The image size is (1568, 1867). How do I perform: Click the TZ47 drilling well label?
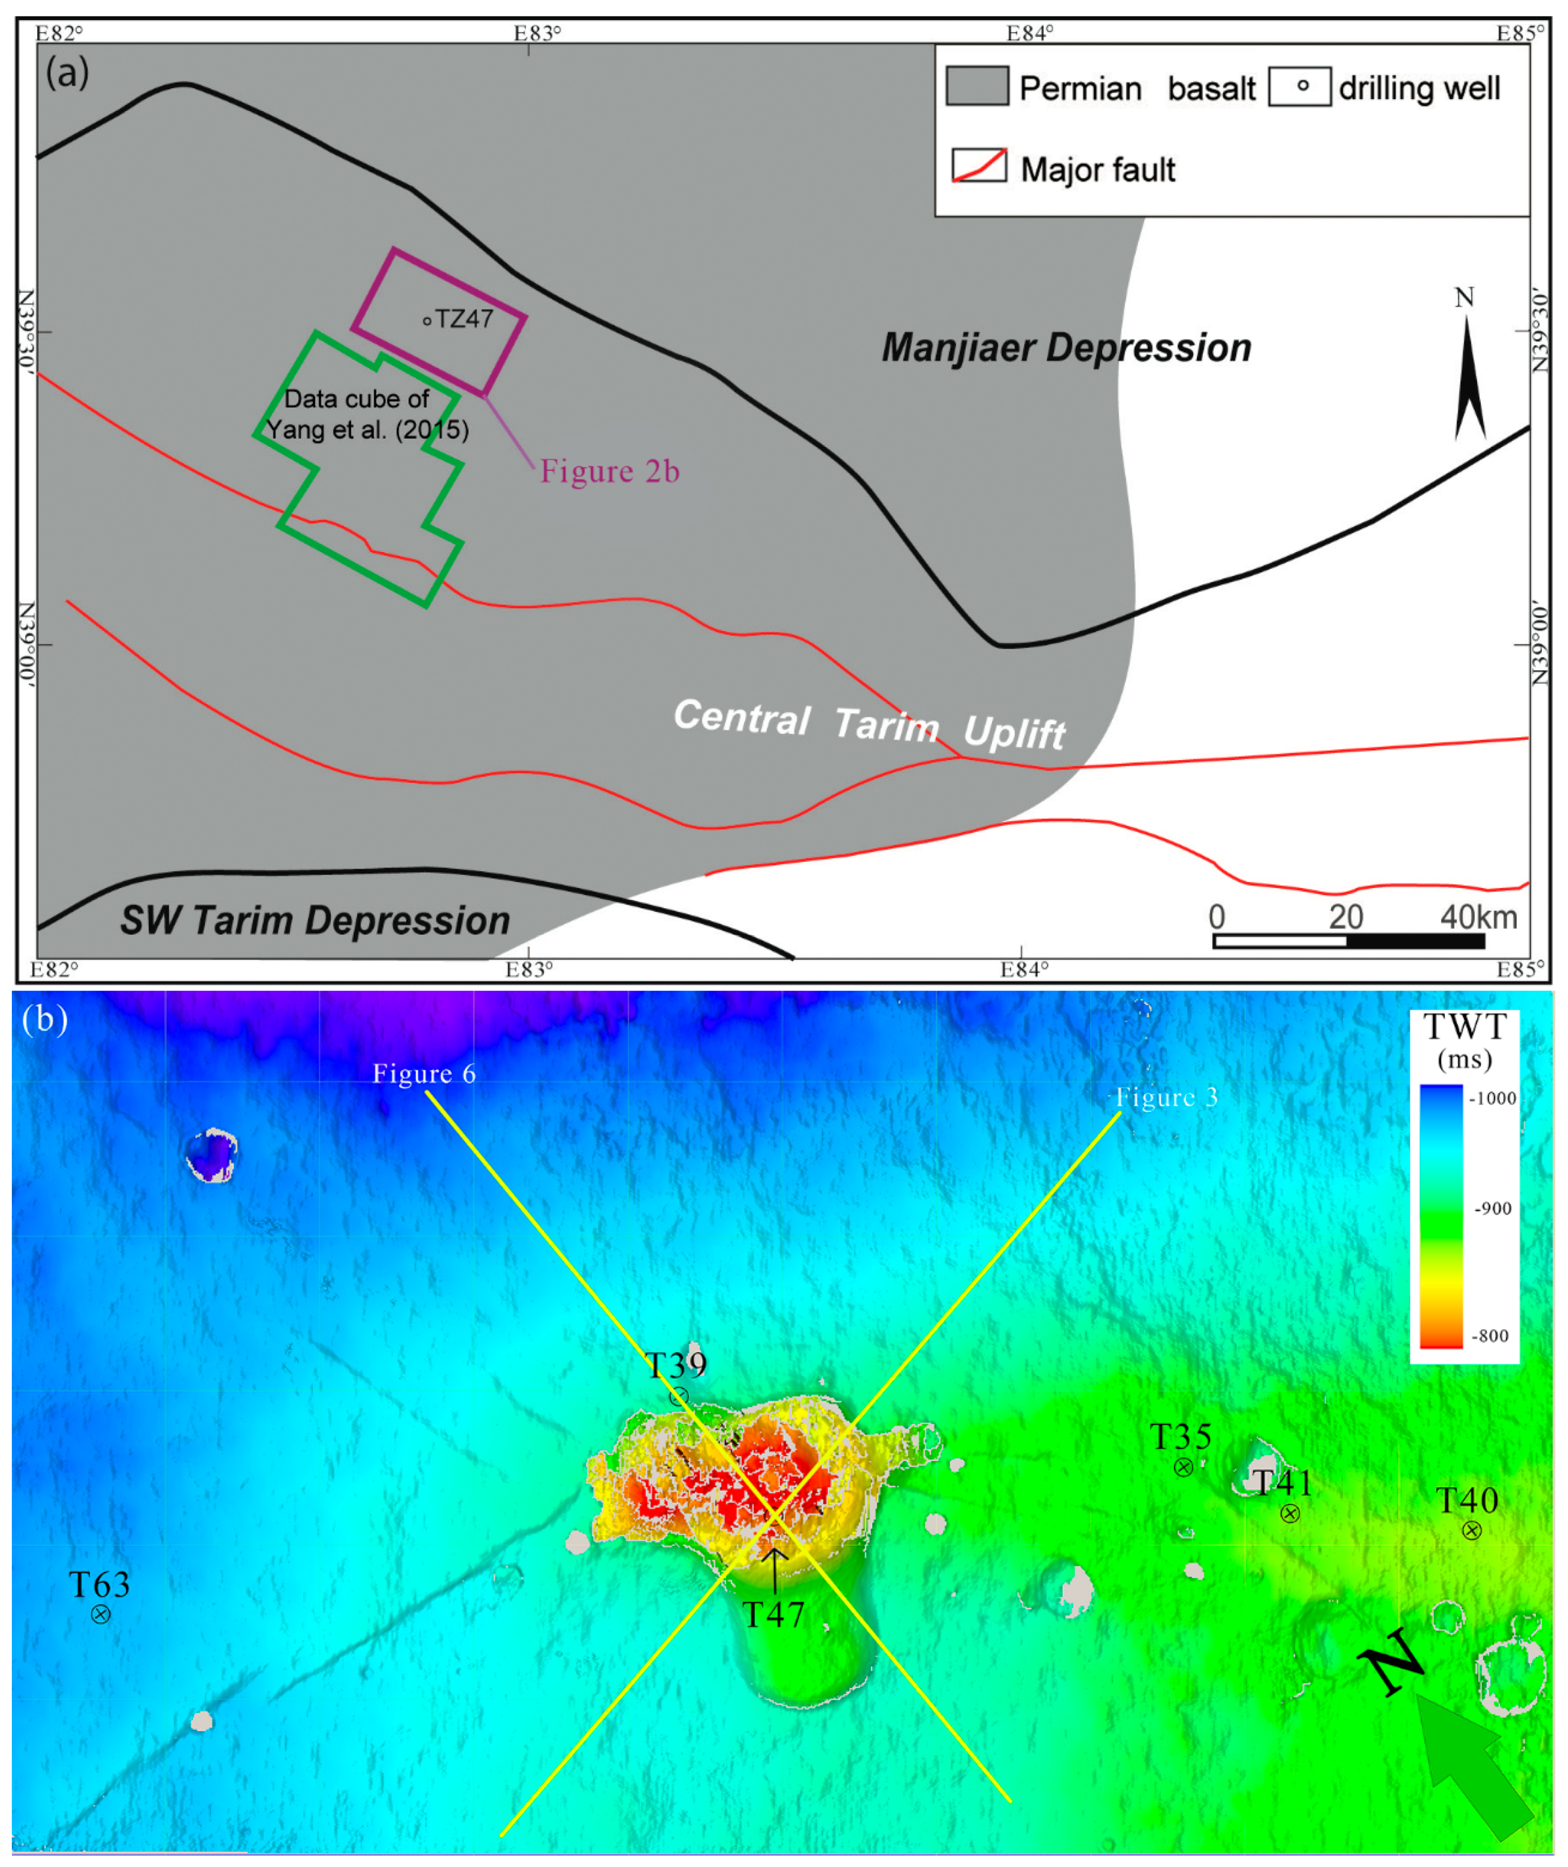click(x=463, y=319)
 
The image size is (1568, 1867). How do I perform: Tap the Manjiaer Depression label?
click(x=1065, y=348)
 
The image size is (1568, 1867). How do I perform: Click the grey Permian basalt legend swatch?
click(x=977, y=86)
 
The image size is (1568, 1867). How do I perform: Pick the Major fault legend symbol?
click(x=979, y=166)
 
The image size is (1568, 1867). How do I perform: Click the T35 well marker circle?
click(x=1183, y=1468)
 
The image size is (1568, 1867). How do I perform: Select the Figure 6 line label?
click(x=424, y=1074)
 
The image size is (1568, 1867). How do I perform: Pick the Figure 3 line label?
click(x=1166, y=1098)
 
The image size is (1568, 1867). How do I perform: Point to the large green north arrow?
click(x=1472, y=1765)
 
